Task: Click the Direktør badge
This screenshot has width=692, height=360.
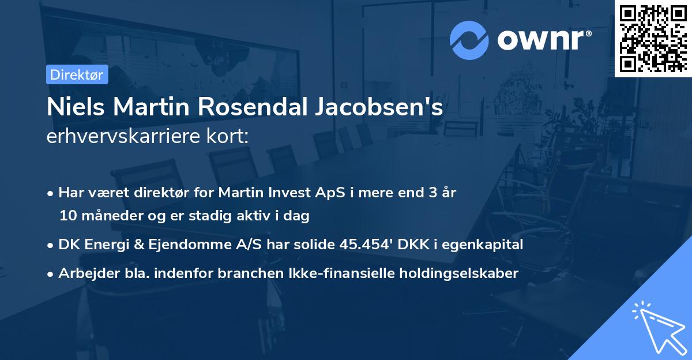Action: click(77, 74)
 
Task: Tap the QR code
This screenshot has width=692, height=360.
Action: click(653, 38)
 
